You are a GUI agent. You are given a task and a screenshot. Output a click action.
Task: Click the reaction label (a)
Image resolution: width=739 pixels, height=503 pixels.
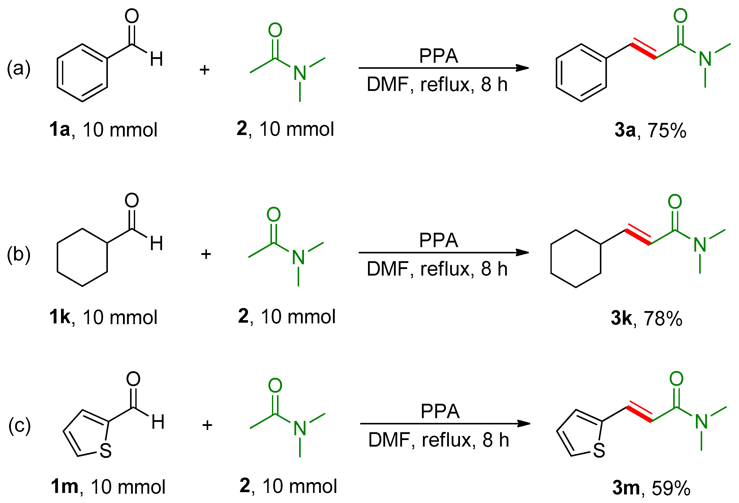pyautogui.click(x=19, y=68)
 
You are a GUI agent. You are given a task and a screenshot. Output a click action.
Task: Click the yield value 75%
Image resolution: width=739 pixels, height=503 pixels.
pyautogui.click(x=667, y=130)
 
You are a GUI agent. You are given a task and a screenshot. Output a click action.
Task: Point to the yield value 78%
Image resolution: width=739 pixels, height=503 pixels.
pyautogui.click(x=663, y=318)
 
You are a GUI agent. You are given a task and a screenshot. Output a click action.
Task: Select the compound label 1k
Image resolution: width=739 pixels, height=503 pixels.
pyautogui.click(x=59, y=317)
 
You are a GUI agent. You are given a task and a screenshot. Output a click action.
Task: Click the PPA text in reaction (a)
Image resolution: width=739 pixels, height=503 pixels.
pyautogui.click(x=439, y=56)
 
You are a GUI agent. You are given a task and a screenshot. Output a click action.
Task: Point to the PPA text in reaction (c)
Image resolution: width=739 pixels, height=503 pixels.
pyautogui.click(x=440, y=412)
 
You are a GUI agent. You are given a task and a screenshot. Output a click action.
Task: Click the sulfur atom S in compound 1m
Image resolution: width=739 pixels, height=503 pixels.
pyautogui.click(x=106, y=451)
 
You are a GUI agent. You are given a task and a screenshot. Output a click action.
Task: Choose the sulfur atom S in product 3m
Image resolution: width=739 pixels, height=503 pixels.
pyautogui.click(x=599, y=451)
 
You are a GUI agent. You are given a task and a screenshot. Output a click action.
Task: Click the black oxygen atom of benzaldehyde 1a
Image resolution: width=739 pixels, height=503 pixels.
pyautogui.click(x=132, y=16)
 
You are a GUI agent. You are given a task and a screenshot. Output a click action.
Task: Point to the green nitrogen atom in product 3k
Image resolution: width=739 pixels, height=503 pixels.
pyautogui.click(x=700, y=245)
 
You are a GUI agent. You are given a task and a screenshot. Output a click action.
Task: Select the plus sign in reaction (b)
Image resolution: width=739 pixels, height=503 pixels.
pyautogui.click(x=206, y=254)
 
